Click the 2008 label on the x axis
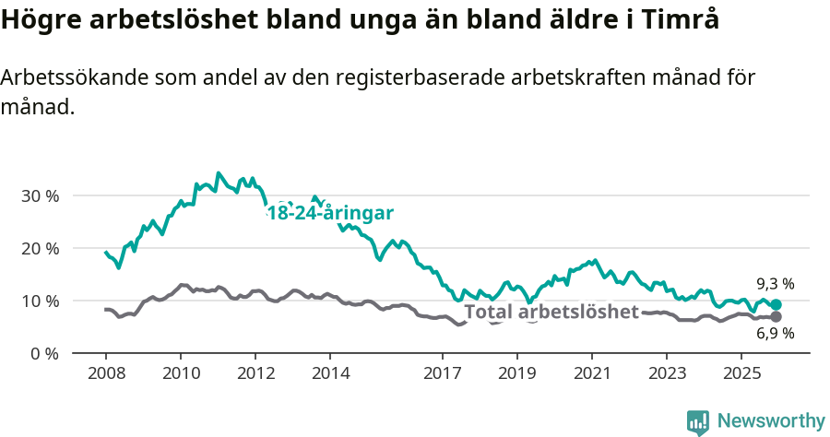tap(105, 373)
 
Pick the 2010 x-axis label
tap(180, 373)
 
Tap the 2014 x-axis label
tap(331, 373)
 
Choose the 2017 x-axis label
tap(443, 373)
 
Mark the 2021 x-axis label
tap(592, 373)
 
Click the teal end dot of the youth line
tap(776, 305)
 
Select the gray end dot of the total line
tap(776, 317)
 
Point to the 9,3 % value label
tap(776, 284)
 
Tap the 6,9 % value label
tap(776, 334)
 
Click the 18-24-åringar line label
tap(330, 214)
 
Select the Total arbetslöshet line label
tap(551, 313)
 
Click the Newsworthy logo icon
tap(698, 422)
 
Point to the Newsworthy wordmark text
tap(770, 421)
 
